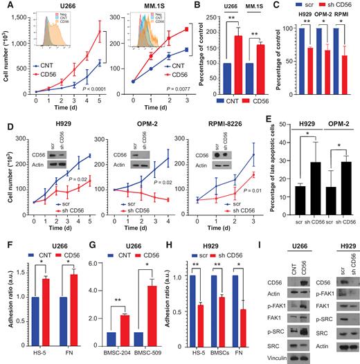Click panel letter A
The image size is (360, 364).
[5, 6]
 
